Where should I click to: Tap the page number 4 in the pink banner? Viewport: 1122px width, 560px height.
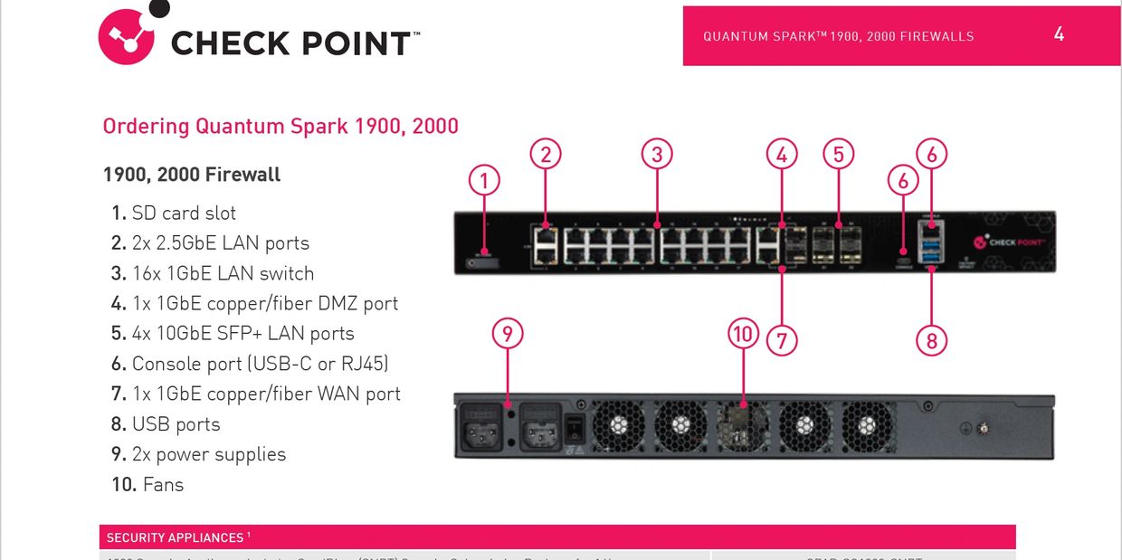[x=1059, y=34]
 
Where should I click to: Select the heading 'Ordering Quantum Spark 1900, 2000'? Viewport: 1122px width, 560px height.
[x=280, y=126]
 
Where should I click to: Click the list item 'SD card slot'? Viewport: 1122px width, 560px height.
[x=184, y=213]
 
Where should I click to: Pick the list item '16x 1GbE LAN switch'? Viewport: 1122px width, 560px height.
[x=223, y=273]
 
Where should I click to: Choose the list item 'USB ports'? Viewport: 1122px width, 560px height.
[x=176, y=423]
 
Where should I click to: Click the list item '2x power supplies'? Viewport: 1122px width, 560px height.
[x=208, y=454]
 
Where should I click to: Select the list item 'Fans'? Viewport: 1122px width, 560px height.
[x=163, y=484]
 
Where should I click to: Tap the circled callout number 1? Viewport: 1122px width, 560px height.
[x=484, y=181]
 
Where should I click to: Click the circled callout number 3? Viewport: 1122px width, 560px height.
[x=657, y=155]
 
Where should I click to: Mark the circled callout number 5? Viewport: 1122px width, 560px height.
[x=839, y=155]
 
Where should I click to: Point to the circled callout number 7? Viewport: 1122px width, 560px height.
[x=782, y=340]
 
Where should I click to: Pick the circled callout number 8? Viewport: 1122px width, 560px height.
[x=931, y=340]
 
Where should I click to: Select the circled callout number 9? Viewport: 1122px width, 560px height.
[x=508, y=335]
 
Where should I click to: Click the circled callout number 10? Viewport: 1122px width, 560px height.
[x=742, y=335]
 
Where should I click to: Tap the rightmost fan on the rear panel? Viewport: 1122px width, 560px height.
[x=867, y=425]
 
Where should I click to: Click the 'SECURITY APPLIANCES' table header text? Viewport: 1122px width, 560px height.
[x=175, y=537]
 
